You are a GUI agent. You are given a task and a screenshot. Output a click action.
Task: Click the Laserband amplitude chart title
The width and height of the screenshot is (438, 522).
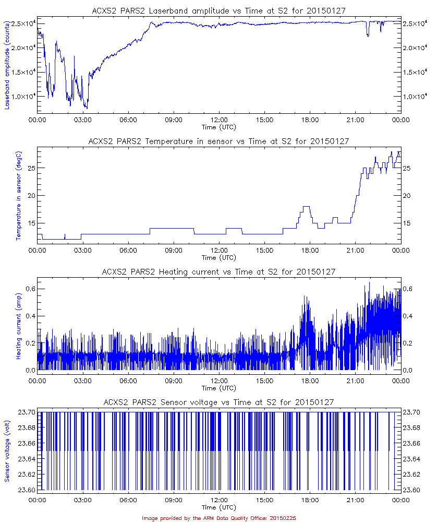coord(219,10)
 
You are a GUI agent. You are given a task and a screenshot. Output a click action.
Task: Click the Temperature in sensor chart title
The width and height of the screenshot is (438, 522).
coord(219,141)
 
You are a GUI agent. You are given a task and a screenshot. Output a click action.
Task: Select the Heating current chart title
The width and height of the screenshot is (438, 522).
coord(219,271)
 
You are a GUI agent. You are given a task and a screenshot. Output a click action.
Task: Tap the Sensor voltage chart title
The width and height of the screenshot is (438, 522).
coord(219,402)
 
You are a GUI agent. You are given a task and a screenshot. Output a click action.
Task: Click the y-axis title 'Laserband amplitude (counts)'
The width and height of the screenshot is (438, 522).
coord(7,65)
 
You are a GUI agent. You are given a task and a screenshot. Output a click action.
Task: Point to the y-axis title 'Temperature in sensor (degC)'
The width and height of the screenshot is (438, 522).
coord(18,196)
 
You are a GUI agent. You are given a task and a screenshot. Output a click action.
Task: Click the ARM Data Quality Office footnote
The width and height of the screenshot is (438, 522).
coord(219,518)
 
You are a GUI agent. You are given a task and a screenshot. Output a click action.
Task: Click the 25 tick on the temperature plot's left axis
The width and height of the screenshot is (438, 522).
coord(30,168)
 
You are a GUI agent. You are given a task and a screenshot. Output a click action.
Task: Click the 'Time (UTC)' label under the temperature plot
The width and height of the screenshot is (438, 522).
coord(219,257)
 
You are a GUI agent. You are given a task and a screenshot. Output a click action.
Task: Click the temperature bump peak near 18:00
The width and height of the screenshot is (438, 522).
coord(307,207)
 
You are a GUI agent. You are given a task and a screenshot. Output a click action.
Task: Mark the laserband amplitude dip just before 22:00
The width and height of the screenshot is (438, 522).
coord(368,35)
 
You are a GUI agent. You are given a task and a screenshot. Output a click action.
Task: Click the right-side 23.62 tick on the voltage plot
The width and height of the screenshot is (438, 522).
coord(412,474)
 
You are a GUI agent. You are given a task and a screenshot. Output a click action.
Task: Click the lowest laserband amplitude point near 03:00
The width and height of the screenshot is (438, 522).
coord(87,108)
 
